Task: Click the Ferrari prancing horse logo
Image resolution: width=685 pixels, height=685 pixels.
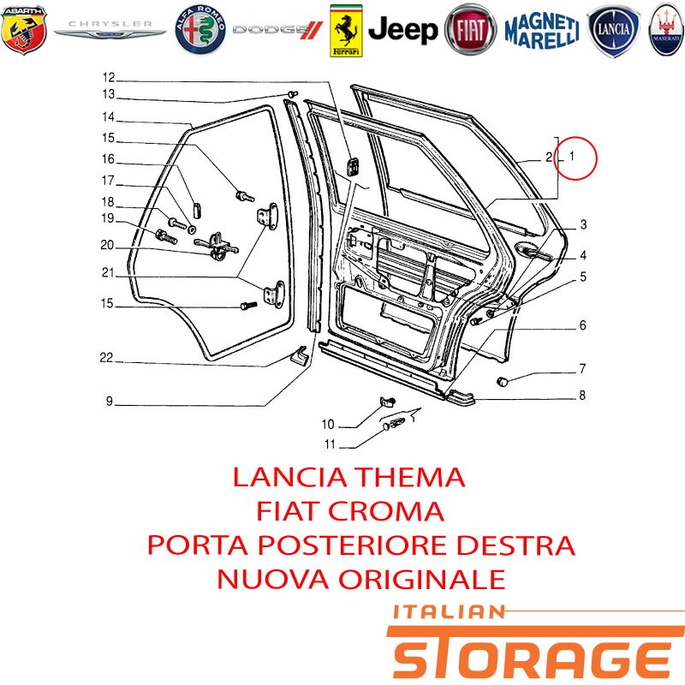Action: point(346,31)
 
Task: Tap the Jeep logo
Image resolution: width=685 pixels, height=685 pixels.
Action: point(402,30)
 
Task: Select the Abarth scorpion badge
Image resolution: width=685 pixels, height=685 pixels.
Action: point(24,30)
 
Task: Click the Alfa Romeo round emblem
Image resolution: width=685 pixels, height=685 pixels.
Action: point(200,30)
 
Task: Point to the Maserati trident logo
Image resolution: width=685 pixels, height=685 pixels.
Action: point(666,30)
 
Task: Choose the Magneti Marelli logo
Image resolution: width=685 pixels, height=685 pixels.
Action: point(542,30)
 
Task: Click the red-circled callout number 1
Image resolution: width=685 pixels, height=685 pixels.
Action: point(572,156)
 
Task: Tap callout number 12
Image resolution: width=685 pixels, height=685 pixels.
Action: point(109,77)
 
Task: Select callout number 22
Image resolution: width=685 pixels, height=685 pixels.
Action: point(106,358)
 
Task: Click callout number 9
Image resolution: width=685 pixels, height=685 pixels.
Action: point(110,401)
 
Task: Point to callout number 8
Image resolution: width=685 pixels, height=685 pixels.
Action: point(582,396)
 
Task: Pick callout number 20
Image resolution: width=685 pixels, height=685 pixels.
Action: point(107,245)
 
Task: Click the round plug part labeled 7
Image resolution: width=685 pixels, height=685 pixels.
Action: point(503,381)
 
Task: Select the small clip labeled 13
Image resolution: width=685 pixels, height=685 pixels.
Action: point(292,94)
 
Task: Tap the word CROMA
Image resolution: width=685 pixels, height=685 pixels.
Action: point(386,511)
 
